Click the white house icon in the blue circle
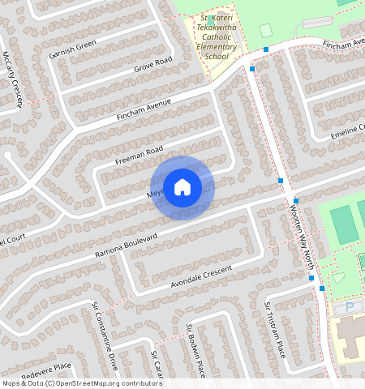182,187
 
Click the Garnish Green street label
72,50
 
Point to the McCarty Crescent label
12,78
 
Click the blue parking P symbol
350,308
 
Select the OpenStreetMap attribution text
82,383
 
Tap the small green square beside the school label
264,30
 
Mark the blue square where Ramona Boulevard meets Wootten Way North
295,200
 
